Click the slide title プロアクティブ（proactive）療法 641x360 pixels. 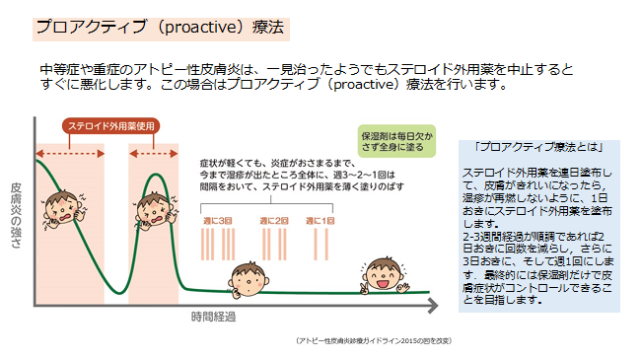coord(162,27)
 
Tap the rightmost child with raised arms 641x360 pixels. coord(381,274)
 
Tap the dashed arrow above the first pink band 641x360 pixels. coord(69,156)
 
